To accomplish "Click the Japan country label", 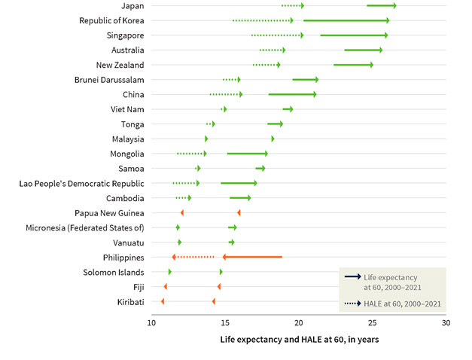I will click(x=133, y=6).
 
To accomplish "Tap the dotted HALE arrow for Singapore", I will click(x=278, y=35).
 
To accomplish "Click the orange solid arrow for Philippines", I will click(x=252, y=257).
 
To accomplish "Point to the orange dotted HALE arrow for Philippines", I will click(x=193, y=257).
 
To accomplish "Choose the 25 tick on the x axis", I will click(x=373, y=322).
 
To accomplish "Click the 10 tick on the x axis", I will click(x=151, y=322).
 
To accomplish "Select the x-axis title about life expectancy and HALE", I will click(x=299, y=340).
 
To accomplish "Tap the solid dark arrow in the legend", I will click(x=352, y=277).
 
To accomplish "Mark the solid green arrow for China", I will click(x=292, y=94).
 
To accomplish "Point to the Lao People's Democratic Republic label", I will click(x=83, y=183).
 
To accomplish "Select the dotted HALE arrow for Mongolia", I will click(x=192, y=154).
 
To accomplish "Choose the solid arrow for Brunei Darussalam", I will click(x=306, y=80).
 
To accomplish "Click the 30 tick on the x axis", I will click(x=446, y=322).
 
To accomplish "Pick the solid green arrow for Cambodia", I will click(x=240, y=198).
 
